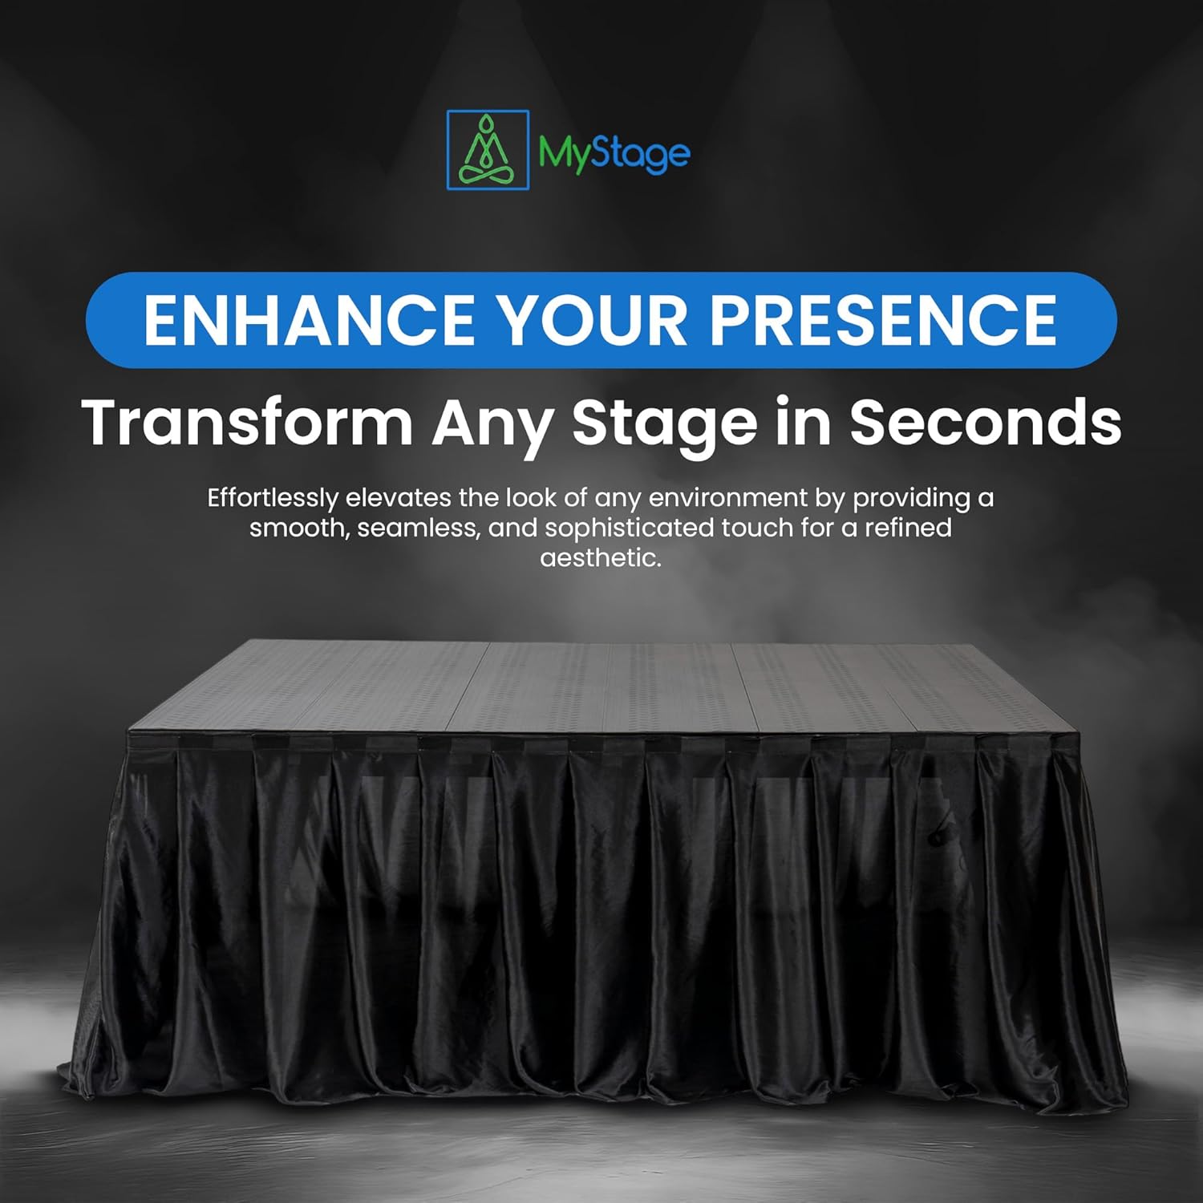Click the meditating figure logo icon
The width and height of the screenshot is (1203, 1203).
pyautogui.click(x=488, y=150)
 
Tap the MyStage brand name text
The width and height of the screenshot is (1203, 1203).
pyautogui.click(x=614, y=152)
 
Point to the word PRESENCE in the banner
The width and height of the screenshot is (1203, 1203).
pyautogui.click(x=883, y=320)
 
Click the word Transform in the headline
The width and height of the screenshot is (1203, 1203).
pyautogui.click(x=247, y=422)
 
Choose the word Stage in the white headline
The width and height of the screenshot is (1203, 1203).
pyautogui.click(x=664, y=423)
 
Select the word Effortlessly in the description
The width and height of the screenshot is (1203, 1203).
pyautogui.click(x=273, y=499)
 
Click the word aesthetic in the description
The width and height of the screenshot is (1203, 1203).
pyautogui.click(x=600, y=558)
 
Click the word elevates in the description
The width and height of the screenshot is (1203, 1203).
pyautogui.click(x=399, y=498)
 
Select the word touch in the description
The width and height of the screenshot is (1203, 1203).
pyautogui.click(x=762, y=529)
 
